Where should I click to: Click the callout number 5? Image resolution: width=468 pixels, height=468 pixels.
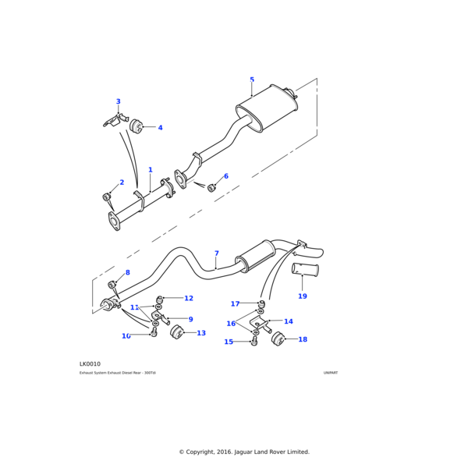click(252, 80)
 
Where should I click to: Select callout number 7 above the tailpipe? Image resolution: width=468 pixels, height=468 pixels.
click(216, 253)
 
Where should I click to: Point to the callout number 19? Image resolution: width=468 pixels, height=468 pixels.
click(303, 296)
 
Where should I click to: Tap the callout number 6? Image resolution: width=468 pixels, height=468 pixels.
click(226, 176)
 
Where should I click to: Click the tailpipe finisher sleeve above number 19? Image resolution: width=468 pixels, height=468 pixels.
click(305, 270)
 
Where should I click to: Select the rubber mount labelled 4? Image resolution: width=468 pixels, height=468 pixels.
click(136, 126)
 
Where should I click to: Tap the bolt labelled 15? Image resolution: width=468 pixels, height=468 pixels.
click(254, 342)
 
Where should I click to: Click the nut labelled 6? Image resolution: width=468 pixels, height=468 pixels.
click(211, 187)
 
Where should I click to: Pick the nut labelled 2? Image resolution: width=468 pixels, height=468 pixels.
click(107, 196)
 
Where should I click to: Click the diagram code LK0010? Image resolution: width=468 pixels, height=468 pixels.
click(90, 364)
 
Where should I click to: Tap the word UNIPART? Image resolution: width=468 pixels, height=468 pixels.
click(331, 373)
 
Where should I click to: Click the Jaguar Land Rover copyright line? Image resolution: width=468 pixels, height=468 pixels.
click(244, 452)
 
